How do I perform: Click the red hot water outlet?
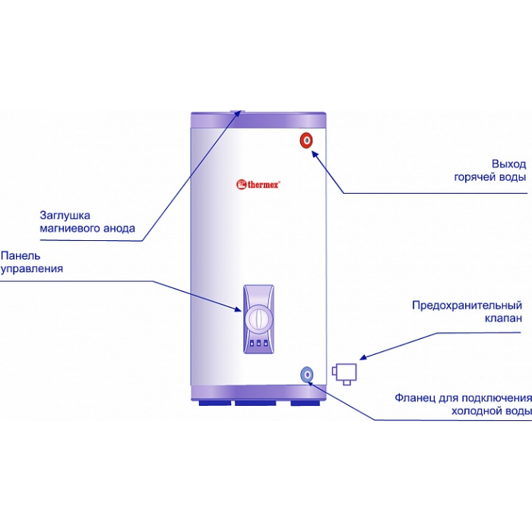point(306,141)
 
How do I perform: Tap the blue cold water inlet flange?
point(307,375)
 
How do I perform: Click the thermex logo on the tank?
point(258,184)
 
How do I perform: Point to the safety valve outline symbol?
point(344,374)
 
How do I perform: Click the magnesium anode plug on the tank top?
point(236,111)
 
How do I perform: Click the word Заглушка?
point(65,215)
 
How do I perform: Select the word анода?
point(119,228)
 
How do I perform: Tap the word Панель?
point(21,255)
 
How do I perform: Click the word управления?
point(32,269)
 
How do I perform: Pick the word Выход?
point(509,164)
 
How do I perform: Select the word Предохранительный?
point(467,306)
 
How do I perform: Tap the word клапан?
point(503,318)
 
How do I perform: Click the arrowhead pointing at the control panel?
point(239,309)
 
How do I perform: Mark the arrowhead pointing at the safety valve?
point(363,357)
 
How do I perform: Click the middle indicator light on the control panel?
point(258,344)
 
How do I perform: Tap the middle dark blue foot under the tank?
point(255,403)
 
